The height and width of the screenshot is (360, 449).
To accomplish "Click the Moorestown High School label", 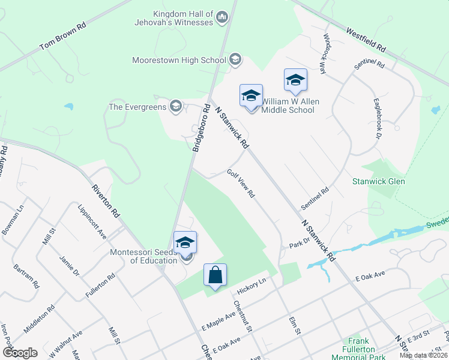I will pos(179,60).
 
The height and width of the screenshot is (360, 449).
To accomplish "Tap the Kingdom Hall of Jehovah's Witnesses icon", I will pos(222,17).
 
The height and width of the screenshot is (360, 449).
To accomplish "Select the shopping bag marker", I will pos(215,275).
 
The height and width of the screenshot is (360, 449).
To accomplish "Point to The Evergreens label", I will pos(137,107).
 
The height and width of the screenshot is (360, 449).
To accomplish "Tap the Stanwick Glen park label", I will pos(378,181).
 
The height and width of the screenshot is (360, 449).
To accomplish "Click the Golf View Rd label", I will pos(241,183).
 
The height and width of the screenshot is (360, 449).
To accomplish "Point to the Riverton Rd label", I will pos(106,200).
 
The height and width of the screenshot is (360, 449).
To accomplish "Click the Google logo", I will pos(19,352).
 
